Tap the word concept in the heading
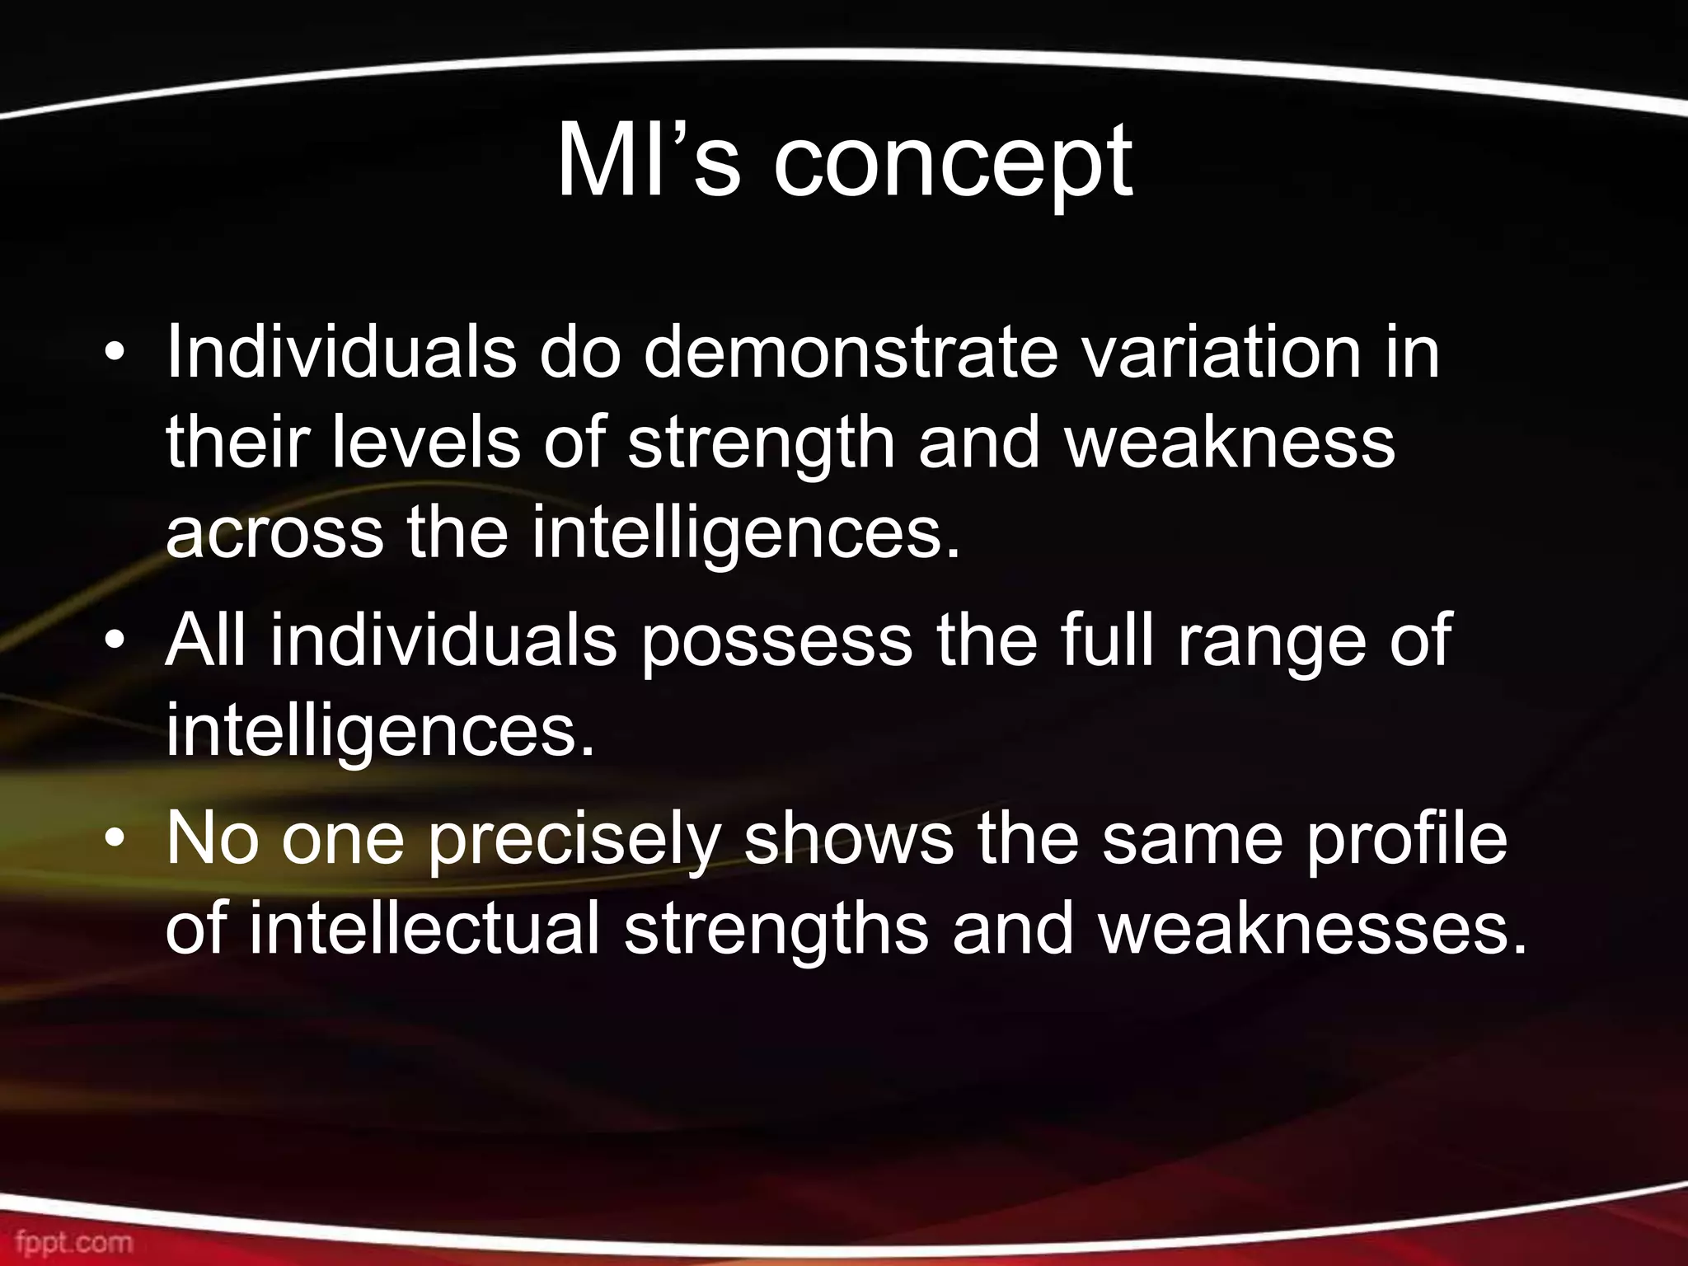click(x=953, y=165)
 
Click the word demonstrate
click(x=850, y=353)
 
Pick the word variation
click(x=1220, y=353)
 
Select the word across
click(x=274, y=534)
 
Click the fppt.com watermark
click(x=74, y=1241)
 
